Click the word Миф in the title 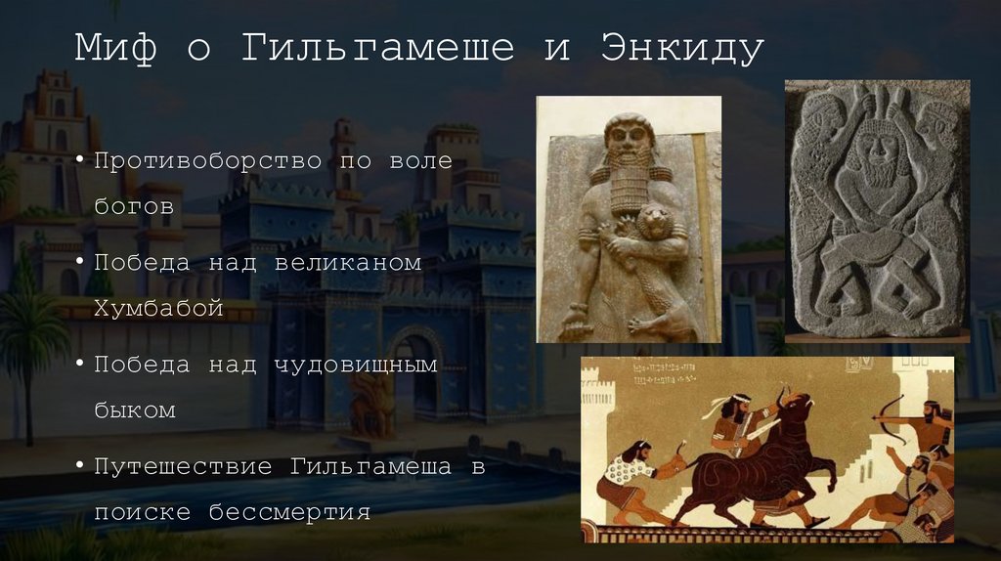[x=115, y=49]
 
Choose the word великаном [x=347, y=263]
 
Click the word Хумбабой [x=159, y=309]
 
